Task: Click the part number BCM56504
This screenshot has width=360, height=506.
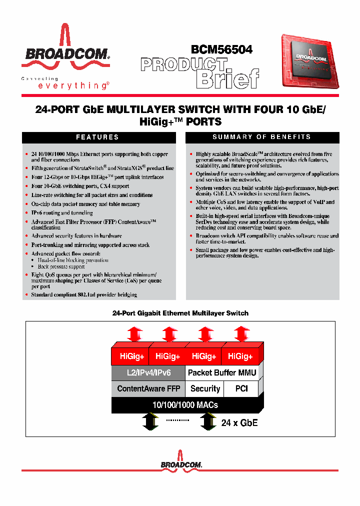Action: click(221, 49)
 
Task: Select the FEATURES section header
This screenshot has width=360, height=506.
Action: click(97, 137)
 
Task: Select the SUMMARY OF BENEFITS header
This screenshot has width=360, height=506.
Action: click(261, 137)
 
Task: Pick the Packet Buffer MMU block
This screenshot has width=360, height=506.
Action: click(221, 372)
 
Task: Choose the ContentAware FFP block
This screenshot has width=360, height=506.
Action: click(148, 388)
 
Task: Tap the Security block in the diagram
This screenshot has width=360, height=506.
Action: click(205, 388)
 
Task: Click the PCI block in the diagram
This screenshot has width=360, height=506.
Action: click(241, 388)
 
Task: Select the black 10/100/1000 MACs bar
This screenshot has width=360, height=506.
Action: click(185, 404)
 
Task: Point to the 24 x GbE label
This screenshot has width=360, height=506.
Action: click(239, 422)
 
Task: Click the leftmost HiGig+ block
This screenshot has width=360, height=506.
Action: click(132, 356)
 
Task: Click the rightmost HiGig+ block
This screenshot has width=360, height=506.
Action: click(240, 356)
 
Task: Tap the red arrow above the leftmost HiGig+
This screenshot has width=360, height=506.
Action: click(135, 333)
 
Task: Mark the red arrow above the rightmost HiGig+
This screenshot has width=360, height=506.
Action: click(242, 333)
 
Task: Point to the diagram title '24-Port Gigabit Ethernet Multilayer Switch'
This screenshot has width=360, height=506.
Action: click(180, 313)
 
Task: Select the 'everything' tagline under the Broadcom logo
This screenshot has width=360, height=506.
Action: click(73, 86)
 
